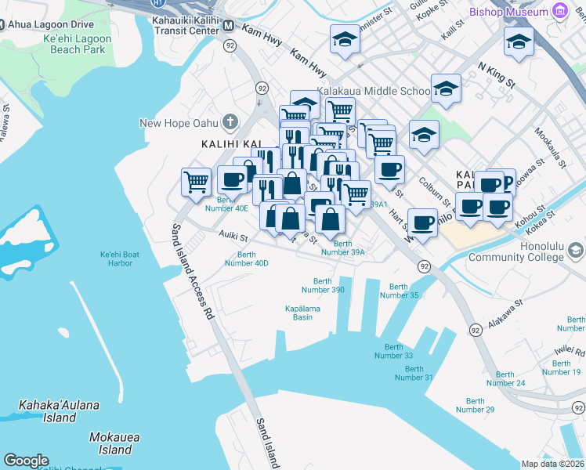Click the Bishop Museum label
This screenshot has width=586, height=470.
508,12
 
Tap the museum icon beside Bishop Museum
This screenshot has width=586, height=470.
559,12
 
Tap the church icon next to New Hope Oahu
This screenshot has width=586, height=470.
230,122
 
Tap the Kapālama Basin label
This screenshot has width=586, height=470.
302,313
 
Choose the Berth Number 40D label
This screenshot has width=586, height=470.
247,258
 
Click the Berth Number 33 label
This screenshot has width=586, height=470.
393,351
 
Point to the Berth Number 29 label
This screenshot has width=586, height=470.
475,404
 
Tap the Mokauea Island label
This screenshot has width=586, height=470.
110,443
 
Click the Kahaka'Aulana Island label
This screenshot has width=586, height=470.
59,411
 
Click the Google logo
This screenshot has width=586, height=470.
26,461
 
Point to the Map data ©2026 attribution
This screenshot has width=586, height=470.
552,464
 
